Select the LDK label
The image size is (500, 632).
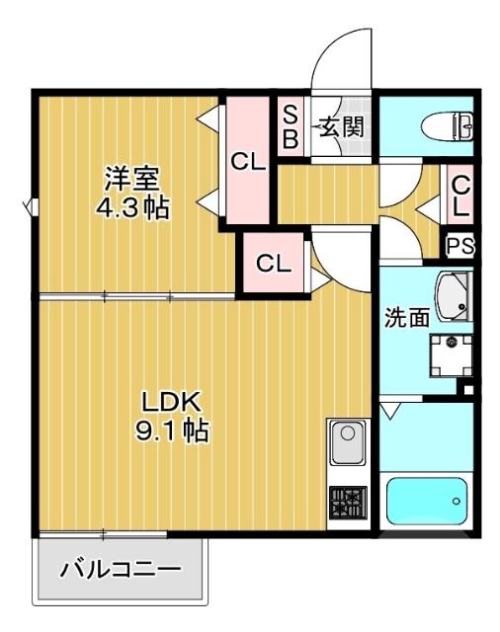pos(171,403)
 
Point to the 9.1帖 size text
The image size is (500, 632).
pos(172,432)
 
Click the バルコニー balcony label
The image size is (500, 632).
pos(121,570)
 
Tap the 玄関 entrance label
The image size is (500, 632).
pos(341,126)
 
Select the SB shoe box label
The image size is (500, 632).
pos(292,125)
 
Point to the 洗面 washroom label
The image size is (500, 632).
pos(406,318)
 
